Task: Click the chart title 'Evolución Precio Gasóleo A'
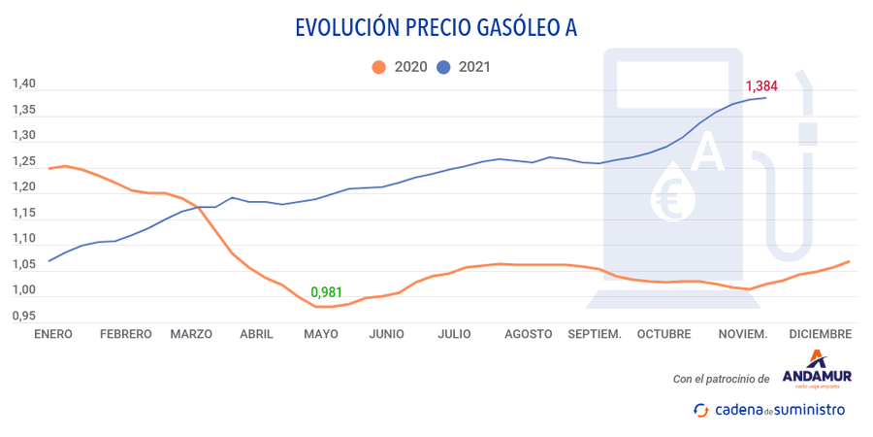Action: [x=436, y=26]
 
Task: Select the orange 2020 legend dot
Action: [x=378, y=67]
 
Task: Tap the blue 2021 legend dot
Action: [x=444, y=67]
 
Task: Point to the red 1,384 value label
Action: [x=760, y=85]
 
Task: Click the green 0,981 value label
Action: [x=327, y=291]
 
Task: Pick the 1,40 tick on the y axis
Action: [x=23, y=84]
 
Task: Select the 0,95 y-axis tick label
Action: [x=23, y=316]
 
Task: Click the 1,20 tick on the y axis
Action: [x=23, y=187]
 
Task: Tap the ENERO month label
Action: [x=54, y=334]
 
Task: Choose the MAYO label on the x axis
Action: [x=321, y=334]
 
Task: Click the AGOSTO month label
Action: [x=529, y=334]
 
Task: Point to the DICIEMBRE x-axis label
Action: [x=821, y=334]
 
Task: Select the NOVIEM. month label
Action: [x=742, y=334]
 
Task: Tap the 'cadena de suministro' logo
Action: [x=768, y=410]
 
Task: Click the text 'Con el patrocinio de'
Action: [x=721, y=379]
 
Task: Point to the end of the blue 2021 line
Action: [x=765, y=97]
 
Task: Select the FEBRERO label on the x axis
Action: [x=126, y=334]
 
